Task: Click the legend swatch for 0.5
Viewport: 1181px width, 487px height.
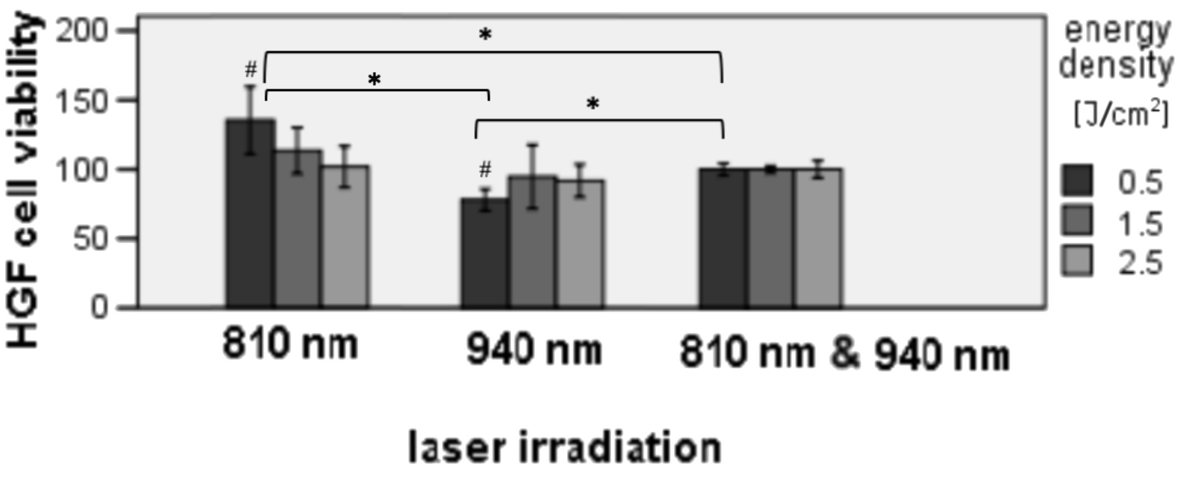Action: tap(1077, 181)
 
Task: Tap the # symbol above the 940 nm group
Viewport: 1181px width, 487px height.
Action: tap(485, 170)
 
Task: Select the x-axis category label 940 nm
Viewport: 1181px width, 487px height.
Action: tap(533, 351)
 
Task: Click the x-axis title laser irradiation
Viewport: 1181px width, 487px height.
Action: tap(565, 447)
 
